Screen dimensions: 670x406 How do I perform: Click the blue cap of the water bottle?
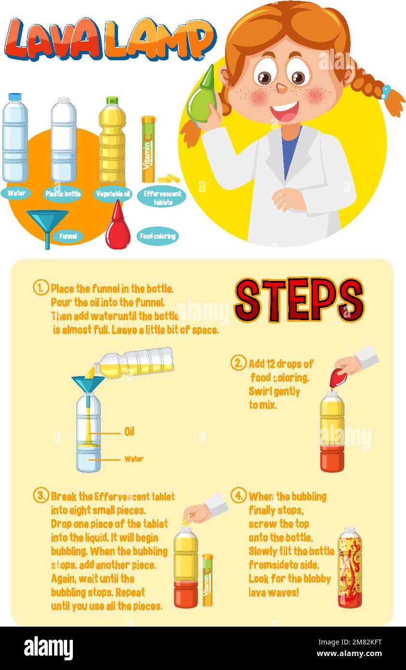point(14,97)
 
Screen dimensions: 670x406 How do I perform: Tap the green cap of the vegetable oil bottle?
point(112,101)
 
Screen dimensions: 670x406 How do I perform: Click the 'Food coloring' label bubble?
point(157,236)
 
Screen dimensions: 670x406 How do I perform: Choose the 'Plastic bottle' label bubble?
point(63,194)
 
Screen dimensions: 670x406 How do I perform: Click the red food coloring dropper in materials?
point(117,227)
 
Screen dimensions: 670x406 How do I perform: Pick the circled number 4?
point(238,496)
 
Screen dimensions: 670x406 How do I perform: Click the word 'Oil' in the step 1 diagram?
point(129,432)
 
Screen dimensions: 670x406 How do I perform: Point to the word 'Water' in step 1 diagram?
point(134,459)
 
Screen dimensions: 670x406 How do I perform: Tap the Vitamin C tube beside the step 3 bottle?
point(207,579)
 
